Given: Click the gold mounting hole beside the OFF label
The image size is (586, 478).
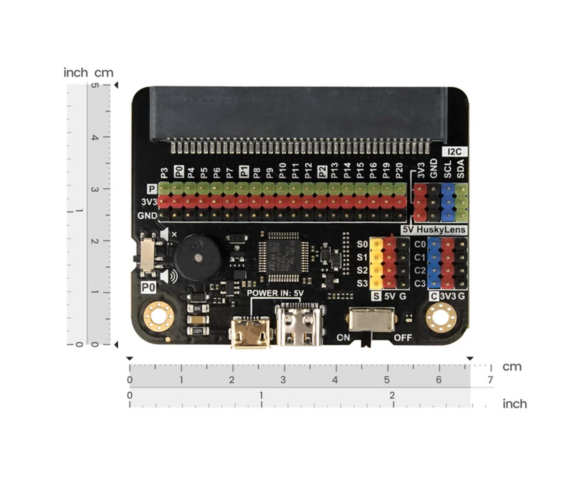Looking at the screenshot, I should [441, 316].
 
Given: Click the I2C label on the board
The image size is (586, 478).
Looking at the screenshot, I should [454, 151].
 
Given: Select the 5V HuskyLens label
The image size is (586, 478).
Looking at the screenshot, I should [434, 230].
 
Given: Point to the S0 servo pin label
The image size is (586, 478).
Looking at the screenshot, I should [363, 244].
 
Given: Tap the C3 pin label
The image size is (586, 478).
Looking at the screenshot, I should [420, 283].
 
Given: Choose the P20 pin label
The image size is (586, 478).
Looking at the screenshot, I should [399, 171].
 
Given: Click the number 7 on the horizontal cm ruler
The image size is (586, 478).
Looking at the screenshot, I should [489, 380].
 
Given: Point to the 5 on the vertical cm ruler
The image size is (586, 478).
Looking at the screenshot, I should [96, 86].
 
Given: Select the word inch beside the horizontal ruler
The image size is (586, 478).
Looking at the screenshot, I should [514, 404].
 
